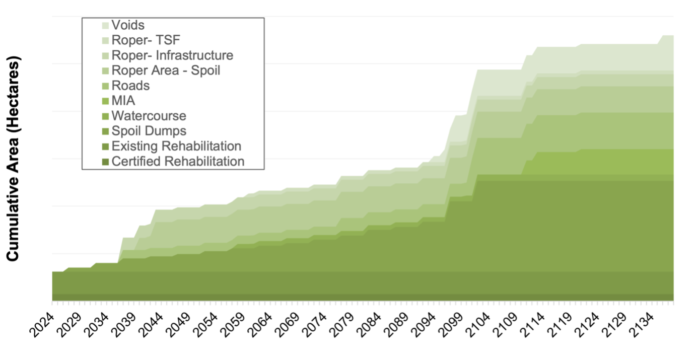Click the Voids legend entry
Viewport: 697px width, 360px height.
pos(128,25)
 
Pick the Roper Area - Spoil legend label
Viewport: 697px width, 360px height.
pos(166,70)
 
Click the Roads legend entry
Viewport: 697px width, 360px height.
pos(130,86)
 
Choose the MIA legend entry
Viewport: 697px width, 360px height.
pos(123,101)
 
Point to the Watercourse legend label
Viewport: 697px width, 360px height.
pos(149,116)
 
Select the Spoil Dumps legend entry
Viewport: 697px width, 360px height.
pos(149,131)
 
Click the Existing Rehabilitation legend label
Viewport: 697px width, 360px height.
pos(176,146)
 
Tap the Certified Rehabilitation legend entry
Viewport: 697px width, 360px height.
pos(178,161)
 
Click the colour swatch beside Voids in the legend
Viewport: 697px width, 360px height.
pos(105,25)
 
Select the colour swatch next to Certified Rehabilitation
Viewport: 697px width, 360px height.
pos(105,161)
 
